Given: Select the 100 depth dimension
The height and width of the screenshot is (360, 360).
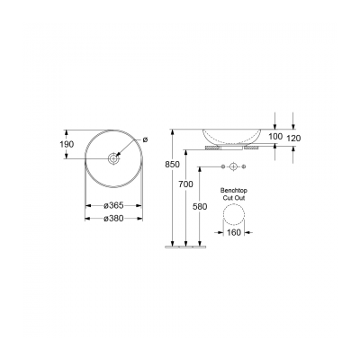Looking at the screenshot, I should (x=276, y=136).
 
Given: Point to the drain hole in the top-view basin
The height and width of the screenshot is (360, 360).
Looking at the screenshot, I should (x=114, y=159).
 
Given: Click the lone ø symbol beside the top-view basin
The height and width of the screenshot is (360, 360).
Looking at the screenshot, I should (x=144, y=139).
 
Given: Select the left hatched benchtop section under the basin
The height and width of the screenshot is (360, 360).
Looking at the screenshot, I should (x=213, y=149).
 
